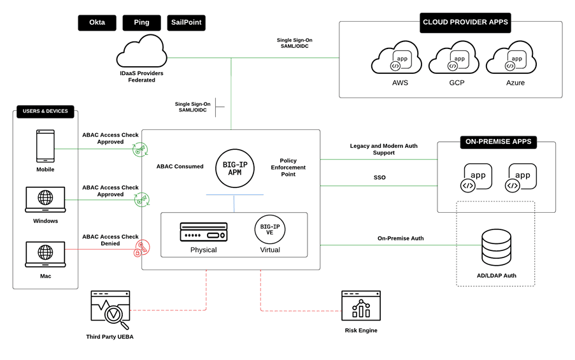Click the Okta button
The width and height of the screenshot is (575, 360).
click(x=97, y=23)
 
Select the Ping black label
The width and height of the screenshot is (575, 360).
click(x=141, y=23)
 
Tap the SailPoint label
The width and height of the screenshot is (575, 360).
click(x=186, y=23)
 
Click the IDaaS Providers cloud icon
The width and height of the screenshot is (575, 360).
click(x=141, y=51)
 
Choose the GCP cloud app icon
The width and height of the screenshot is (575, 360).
click(x=453, y=60)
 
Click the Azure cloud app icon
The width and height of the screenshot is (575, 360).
click(x=511, y=60)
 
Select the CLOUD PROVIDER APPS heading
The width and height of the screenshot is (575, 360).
click(x=465, y=22)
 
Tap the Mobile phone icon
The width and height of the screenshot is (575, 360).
click(x=45, y=147)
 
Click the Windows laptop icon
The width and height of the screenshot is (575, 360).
click(x=45, y=199)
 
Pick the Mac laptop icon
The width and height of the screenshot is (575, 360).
click(x=45, y=254)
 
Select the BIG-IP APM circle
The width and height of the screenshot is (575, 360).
click(x=235, y=169)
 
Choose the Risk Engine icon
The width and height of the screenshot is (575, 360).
click(x=360, y=306)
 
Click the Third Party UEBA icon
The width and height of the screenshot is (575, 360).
click(x=110, y=310)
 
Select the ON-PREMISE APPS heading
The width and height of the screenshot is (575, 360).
click(x=498, y=141)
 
